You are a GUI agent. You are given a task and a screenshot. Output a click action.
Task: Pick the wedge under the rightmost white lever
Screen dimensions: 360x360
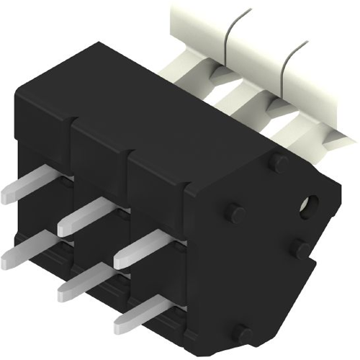pyautogui.click(x=328, y=137)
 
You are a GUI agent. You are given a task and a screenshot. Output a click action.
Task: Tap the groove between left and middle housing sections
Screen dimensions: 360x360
pyautogui.click(x=71, y=133)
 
